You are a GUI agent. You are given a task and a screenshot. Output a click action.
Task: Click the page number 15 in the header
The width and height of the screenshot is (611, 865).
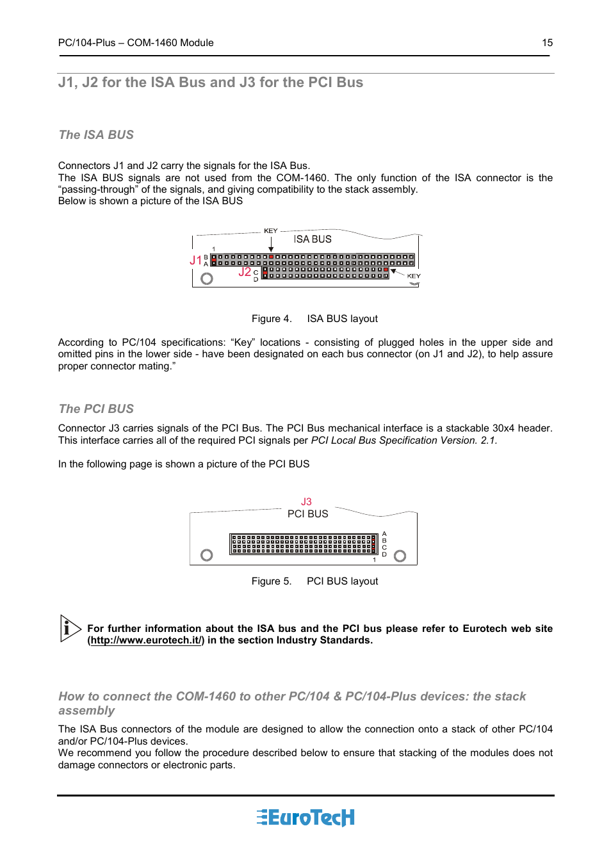click(x=547, y=43)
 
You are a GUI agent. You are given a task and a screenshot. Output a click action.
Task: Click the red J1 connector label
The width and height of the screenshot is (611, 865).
click(x=195, y=260)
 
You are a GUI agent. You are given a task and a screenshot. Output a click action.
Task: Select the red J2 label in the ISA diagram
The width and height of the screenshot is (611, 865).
click(x=245, y=272)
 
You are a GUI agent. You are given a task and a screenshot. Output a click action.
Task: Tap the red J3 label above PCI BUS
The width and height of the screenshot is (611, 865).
click(x=306, y=502)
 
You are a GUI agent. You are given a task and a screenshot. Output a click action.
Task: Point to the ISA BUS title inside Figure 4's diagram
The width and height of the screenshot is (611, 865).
click(x=313, y=239)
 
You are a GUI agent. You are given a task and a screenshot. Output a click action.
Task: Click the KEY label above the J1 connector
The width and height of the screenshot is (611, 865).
click(x=271, y=230)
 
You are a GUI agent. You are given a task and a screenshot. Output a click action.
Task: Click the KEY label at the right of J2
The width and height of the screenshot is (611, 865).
click(x=414, y=276)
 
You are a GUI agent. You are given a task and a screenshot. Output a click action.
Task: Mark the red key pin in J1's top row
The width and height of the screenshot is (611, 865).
click(x=271, y=257)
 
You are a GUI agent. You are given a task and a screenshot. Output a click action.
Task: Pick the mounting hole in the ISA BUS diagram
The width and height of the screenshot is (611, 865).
click(x=206, y=279)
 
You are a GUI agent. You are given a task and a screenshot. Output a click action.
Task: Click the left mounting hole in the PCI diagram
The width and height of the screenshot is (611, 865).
click(x=206, y=555)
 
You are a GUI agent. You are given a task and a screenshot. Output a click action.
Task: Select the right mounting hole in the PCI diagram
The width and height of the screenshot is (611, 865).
click(x=400, y=556)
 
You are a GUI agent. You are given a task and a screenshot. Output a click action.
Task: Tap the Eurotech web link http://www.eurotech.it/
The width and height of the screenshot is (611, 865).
click(x=146, y=640)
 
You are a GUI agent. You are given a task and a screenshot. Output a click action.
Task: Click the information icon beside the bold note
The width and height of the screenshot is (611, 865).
click(x=69, y=628)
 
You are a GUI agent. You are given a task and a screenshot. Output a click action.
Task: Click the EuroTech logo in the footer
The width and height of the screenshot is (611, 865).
click(x=305, y=818)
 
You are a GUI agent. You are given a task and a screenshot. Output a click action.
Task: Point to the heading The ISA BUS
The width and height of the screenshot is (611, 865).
click(x=96, y=135)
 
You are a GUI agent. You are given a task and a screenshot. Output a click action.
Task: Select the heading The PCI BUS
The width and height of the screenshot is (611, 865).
click(x=96, y=409)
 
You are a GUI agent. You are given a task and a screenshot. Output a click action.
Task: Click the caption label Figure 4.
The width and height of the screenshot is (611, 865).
click(x=272, y=319)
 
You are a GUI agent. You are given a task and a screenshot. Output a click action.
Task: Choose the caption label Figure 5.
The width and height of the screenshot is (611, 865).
click(x=272, y=581)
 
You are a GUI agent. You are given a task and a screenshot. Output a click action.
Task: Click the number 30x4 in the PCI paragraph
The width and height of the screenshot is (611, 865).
click(x=504, y=428)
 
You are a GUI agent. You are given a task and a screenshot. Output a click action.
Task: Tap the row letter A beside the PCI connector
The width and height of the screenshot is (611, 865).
click(x=384, y=533)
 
